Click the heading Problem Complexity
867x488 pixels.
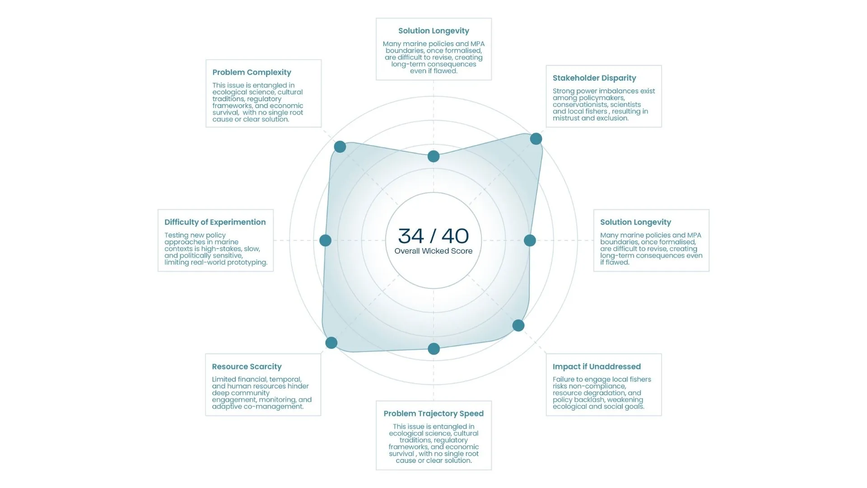[252, 72]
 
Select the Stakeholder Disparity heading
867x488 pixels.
[594, 78]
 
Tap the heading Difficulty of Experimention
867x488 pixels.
[215, 222]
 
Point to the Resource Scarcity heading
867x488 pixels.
[247, 366]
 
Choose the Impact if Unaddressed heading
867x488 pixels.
[597, 366]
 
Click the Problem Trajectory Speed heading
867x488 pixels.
[433, 413]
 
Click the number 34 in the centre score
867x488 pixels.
[411, 236]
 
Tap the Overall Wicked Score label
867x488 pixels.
[433, 251]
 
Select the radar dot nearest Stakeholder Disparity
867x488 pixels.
[536, 139]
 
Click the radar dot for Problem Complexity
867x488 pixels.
[340, 147]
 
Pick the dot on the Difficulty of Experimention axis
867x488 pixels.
[325, 240]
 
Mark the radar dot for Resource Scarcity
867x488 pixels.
[331, 343]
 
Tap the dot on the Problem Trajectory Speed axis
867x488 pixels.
[433, 349]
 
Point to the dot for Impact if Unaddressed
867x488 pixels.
[518, 325]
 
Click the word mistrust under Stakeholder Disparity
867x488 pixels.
[566, 118]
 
